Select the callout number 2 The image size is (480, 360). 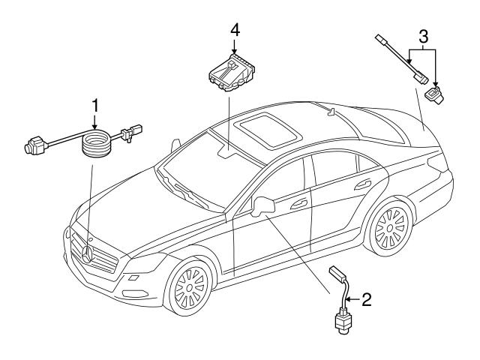click(366, 300)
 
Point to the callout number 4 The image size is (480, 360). click(235, 31)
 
